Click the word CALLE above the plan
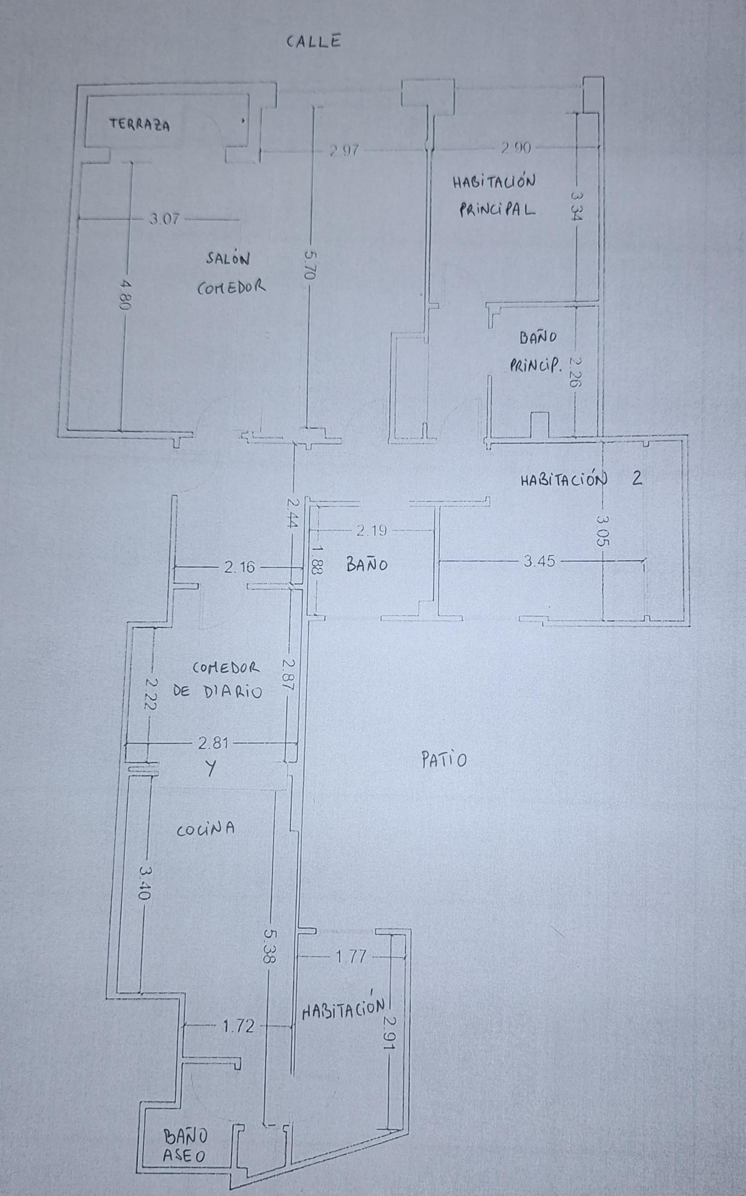coord(314,41)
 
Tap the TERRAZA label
coord(140,124)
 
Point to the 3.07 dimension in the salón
coord(164,219)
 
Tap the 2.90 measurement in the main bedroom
coord(516,148)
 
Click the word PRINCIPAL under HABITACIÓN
coord(497,210)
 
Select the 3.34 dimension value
coord(577,207)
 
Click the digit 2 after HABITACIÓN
coord(637,479)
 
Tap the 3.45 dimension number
coord(540,562)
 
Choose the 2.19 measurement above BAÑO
coord(372,531)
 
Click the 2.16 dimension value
coord(240,567)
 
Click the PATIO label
coord(444,760)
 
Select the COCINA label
coord(206,828)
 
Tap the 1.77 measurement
coord(352,956)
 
